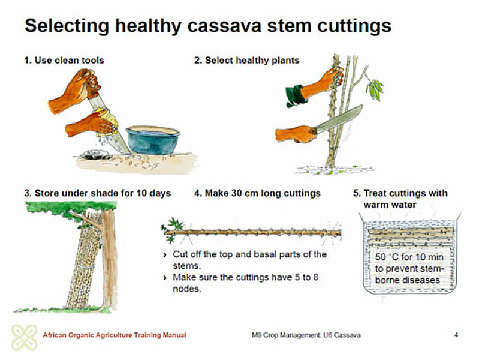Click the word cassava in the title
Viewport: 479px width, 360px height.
tap(224, 26)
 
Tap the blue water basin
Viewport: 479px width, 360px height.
tap(153, 139)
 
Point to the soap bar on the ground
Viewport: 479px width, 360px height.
tap(95, 154)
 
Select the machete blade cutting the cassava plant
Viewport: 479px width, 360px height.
tap(339, 119)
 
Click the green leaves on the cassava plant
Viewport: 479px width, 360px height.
tap(375, 89)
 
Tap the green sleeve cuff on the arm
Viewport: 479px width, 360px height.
tap(296, 96)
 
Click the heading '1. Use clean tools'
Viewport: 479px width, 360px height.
tap(64, 60)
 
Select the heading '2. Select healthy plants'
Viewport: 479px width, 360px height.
tap(247, 60)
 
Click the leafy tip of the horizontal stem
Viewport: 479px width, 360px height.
tap(173, 230)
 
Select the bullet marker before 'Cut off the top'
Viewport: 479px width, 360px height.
tap(165, 255)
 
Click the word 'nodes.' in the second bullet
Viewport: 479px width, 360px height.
tap(187, 289)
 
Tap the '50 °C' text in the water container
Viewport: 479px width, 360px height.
tap(387, 257)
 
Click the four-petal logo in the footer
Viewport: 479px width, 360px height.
tap(25, 337)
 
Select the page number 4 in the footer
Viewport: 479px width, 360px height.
tap(456, 335)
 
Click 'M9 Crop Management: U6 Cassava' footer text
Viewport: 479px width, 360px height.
tap(306, 335)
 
